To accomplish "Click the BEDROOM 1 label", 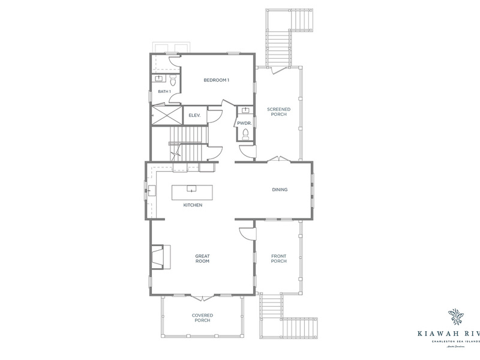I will point(217,80).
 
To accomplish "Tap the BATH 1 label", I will point(164,91).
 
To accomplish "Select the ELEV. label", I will point(194,115).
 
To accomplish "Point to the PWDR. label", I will point(244,124).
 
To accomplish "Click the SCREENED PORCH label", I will point(279,112).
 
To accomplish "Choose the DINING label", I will point(280,190).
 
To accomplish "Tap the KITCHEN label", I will point(193,205).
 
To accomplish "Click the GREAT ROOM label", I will point(202,259).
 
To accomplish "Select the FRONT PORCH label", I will point(279,259).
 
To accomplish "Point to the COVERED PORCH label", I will point(202,318).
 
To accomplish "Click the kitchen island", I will point(193,192).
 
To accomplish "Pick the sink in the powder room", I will point(245,110).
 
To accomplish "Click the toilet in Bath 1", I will point(173,79).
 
